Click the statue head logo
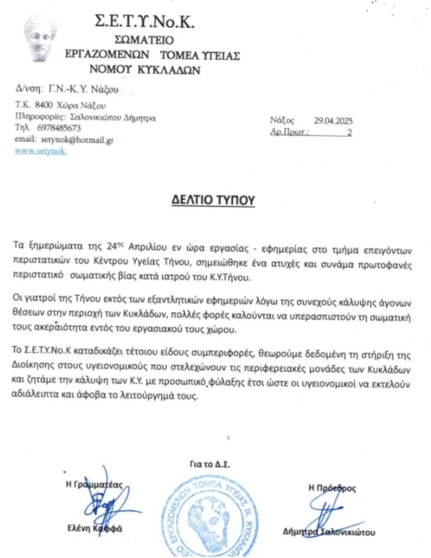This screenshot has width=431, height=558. (x=40, y=38)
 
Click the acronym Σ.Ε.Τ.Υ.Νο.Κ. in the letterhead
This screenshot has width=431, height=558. (x=145, y=22)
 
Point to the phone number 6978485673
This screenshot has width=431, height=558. (x=59, y=128)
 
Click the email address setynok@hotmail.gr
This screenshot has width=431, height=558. (x=77, y=139)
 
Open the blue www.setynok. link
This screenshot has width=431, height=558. (x=41, y=151)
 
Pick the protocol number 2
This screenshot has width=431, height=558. (x=349, y=132)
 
